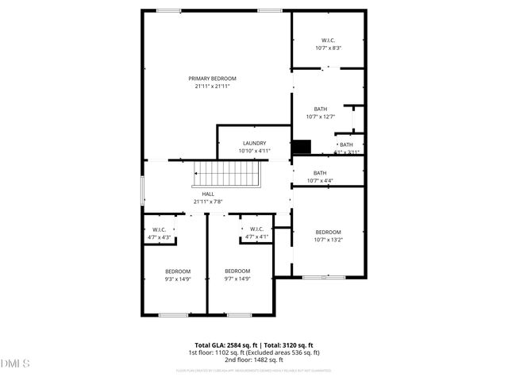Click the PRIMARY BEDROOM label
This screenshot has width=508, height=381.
point(212,79)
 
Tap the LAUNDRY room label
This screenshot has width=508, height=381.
point(255,144)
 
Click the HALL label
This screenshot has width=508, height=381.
point(208,194)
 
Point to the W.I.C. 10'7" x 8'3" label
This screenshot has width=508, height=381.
point(328,40)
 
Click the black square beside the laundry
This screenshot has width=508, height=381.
point(302,148)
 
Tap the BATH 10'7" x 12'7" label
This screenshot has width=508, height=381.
point(320,109)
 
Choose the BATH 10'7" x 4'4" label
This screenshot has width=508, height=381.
point(320,173)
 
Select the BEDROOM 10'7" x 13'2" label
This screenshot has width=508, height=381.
point(328,232)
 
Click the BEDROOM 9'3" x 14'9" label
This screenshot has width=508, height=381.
point(178,271)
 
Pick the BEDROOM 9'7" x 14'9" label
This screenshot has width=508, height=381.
point(237,271)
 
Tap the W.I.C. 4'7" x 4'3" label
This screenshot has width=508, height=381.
point(159,229)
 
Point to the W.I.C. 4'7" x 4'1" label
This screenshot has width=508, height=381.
point(257,229)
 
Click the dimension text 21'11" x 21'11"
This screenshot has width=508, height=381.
point(212,87)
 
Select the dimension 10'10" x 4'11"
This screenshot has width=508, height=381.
point(255,151)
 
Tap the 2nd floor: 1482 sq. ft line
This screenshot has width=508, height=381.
point(254,360)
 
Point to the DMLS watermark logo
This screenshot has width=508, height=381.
point(16,364)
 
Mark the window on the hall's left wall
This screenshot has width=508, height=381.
point(142,190)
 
